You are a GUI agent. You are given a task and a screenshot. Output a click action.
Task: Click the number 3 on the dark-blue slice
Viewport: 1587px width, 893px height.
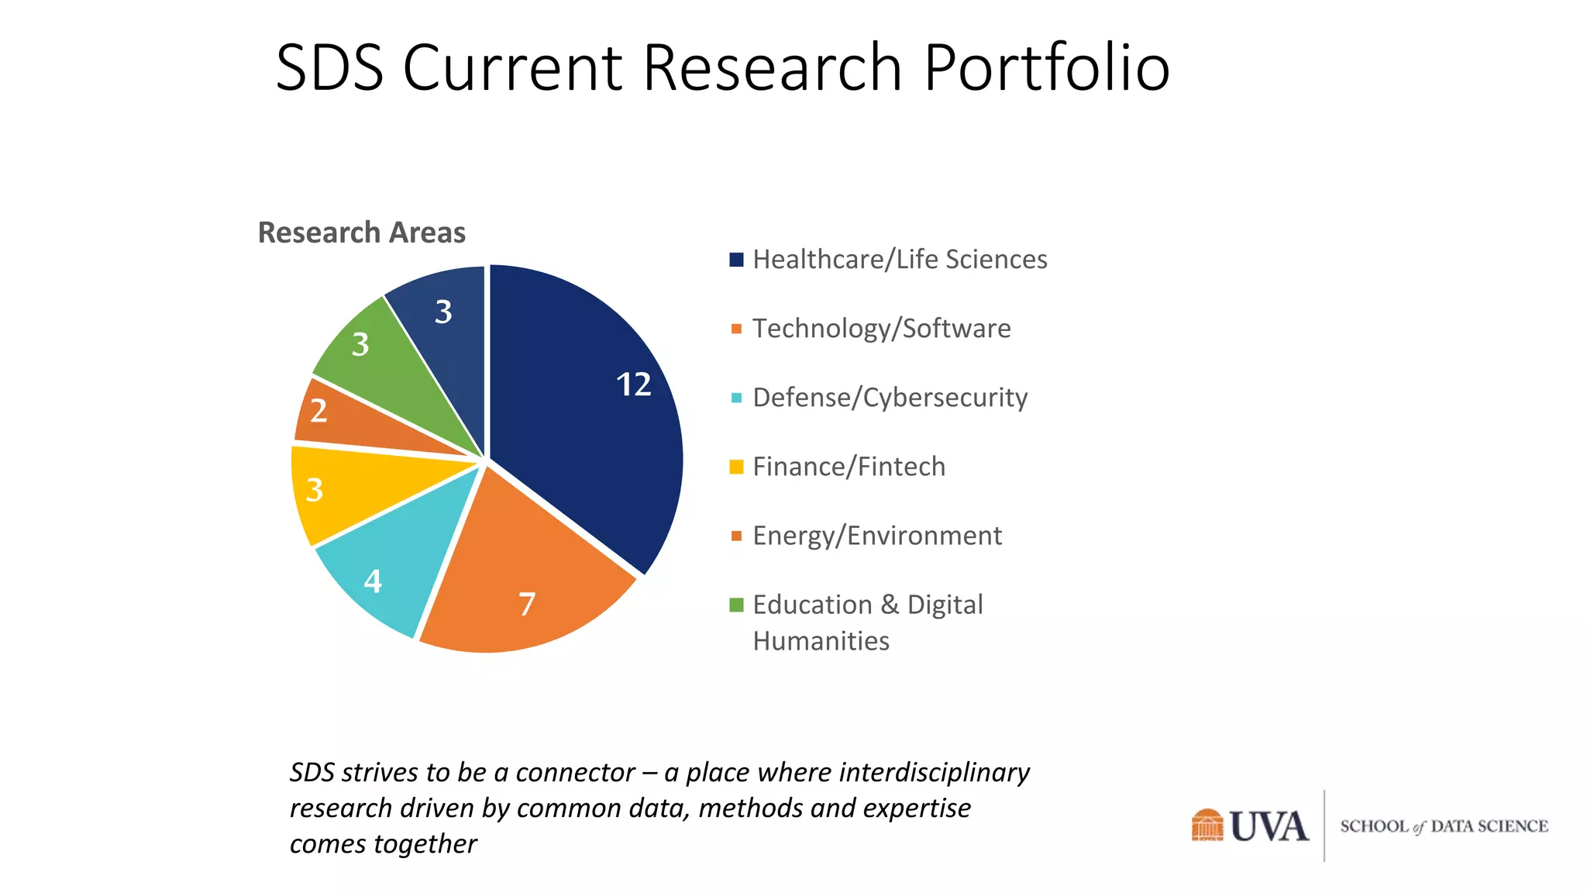pos(443,312)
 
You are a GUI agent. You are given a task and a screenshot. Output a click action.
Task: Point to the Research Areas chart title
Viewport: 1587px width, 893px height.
pos(361,233)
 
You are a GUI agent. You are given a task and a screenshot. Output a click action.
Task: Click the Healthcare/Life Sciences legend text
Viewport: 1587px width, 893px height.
pos(899,260)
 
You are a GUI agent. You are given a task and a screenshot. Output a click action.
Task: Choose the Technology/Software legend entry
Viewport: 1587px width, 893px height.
pos(881,329)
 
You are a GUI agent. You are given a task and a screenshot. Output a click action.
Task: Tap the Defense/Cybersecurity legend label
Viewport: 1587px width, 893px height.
pos(890,398)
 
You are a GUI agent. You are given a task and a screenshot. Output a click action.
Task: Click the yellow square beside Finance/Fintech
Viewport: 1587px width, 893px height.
pos(736,467)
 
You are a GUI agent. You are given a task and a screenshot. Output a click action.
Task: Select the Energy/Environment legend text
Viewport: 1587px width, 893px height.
pos(876,536)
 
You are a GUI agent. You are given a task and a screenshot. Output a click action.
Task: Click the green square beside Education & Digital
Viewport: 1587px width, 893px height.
pos(736,605)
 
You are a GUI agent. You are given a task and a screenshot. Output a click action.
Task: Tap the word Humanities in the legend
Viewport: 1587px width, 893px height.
pos(821,641)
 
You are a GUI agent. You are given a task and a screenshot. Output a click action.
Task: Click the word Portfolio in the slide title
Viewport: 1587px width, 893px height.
pos(1046,68)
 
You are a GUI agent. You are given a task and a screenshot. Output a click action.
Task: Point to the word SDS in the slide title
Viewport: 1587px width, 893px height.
pos(330,68)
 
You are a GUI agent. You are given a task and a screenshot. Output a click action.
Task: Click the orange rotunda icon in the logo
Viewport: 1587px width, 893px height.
pos(1207,825)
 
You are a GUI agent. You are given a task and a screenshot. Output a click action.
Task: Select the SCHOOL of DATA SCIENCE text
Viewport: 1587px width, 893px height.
pos(1444,826)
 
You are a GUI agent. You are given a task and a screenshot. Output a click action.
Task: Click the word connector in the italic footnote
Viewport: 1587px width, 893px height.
pos(575,773)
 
